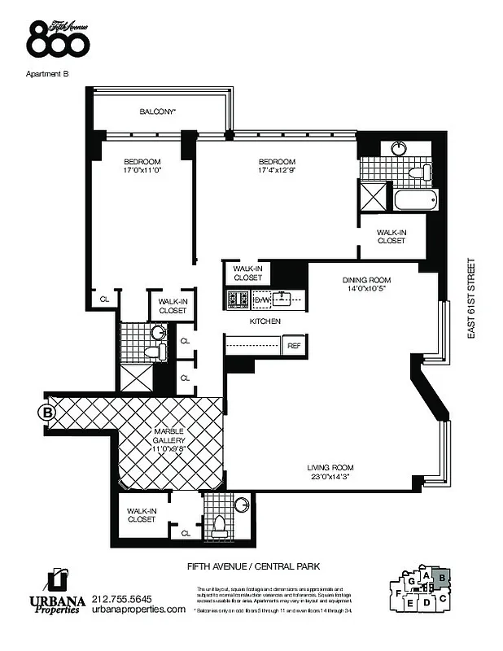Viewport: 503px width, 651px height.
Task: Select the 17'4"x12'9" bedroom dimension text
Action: (277, 171)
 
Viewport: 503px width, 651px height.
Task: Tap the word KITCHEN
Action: (265, 321)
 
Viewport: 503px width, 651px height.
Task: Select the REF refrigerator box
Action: (294, 346)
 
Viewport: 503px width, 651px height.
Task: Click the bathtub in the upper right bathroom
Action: (415, 199)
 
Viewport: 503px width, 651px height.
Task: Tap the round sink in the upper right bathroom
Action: (400, 149)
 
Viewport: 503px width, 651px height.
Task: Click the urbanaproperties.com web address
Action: (139, 609)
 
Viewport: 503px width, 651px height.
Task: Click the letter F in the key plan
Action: (397, 593)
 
